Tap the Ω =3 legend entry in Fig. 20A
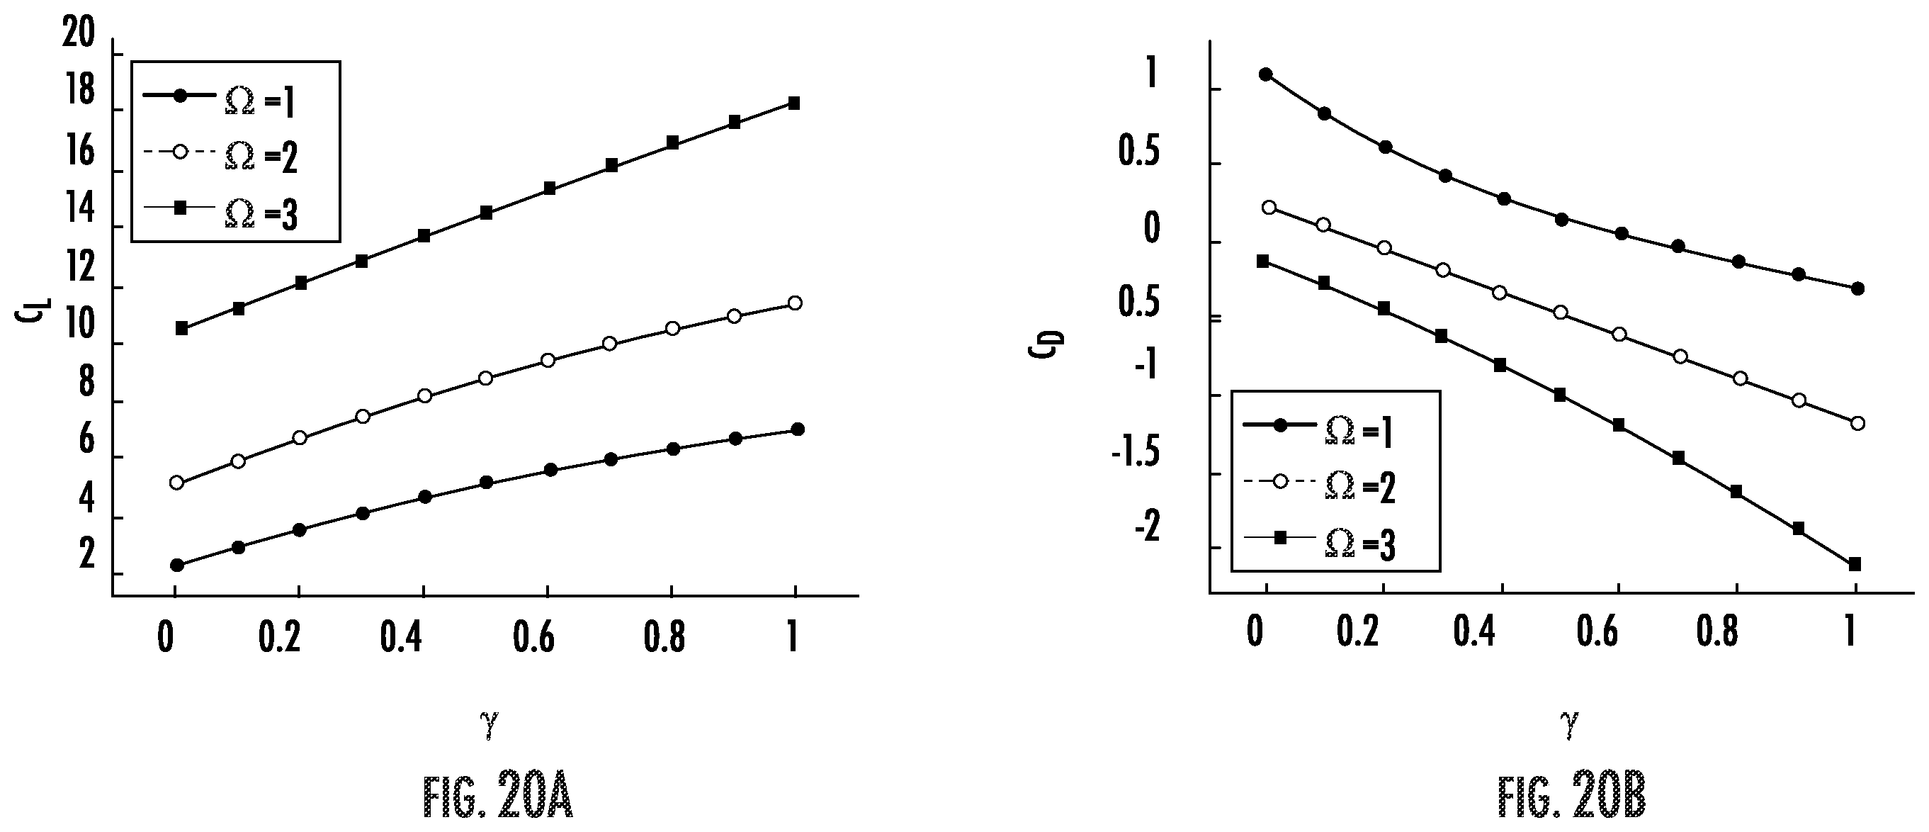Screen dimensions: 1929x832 click(221, 213)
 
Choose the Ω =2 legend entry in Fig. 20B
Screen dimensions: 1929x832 click(1320, 486)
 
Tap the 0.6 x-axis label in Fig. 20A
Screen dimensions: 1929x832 click(534, 637)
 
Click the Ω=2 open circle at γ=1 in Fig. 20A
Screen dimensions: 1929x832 click(796, 303)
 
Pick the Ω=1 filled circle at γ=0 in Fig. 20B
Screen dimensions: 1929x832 click(1265, 74)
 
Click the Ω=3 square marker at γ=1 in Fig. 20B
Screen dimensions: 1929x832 click(1855, 564)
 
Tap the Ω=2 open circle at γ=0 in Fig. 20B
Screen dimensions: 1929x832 click(1269, 208)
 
